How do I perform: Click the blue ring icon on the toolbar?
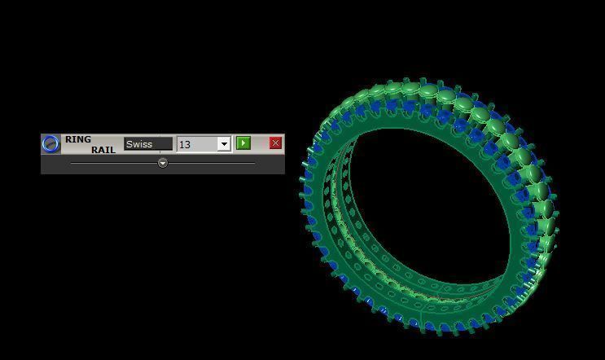pos(51,144)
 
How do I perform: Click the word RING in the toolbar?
pos(78,139)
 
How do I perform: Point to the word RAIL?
pos(103,150)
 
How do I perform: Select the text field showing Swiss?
pos(148,144)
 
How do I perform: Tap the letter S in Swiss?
pos(129,144)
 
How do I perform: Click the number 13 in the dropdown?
pos(185,144)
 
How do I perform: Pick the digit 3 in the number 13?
pos(187,144)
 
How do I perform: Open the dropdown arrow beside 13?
pos(224,144)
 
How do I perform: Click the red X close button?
pos(275,143)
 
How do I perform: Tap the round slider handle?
pos(163,163)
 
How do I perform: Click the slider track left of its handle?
pos(114,163)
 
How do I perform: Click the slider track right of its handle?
pos(212,163)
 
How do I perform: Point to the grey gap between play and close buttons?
pos(260,143)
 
